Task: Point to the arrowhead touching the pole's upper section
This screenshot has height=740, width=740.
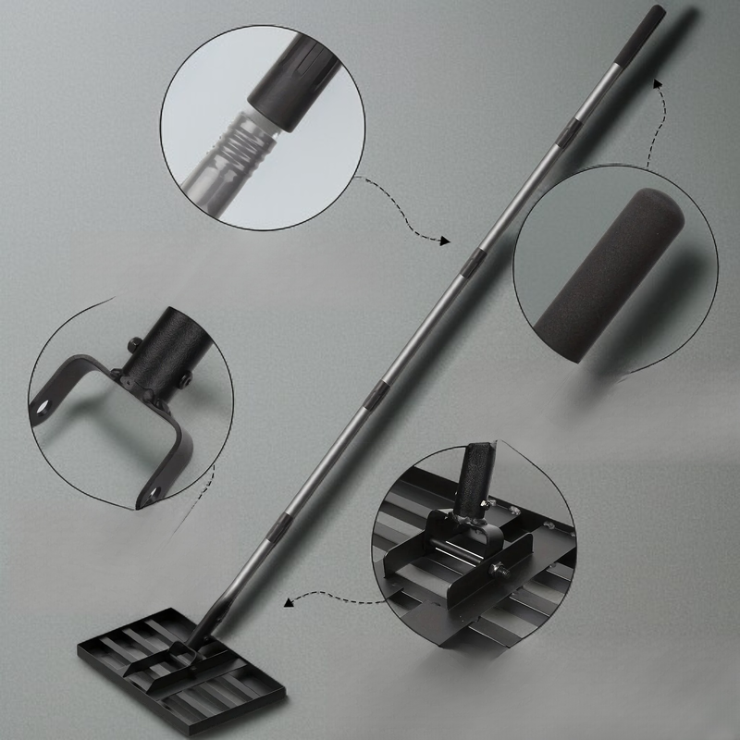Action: point(445,240)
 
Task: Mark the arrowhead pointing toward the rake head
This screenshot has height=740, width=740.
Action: point(288,602)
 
